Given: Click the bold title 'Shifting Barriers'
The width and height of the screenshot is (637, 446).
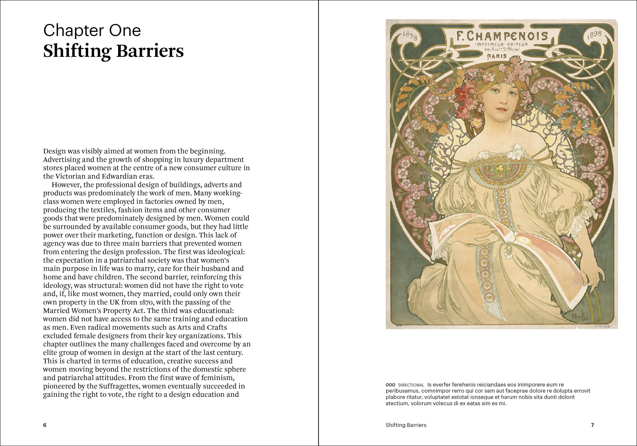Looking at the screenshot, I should pos(113,51).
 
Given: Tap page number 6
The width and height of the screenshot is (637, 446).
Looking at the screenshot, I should pos(45,425).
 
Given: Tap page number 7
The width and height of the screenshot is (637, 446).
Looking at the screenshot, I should pos(592,425).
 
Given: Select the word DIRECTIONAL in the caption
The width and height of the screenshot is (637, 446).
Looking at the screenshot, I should pos(411,385).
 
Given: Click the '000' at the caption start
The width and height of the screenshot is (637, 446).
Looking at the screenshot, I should pos(390,385).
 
